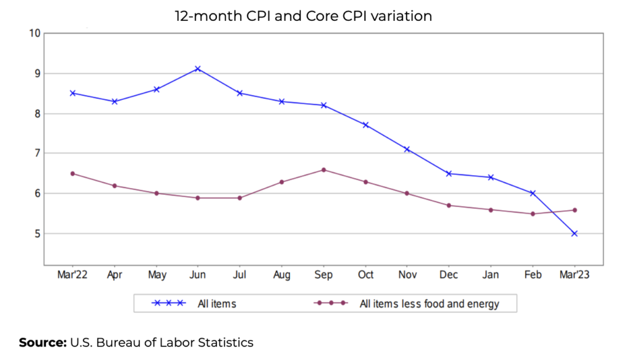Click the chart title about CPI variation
[303, 17]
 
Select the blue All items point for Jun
[198, 69]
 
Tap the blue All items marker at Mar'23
[574, 233]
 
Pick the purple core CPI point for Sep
[324, 170]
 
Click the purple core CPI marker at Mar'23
[574, 210]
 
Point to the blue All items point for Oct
[365, 125]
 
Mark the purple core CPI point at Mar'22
[72, 173]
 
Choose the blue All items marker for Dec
[449, 173]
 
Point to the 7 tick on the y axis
[37, 153]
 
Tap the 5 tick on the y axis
[37, 233]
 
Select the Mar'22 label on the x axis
[72, 275]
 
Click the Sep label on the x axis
[324, 275]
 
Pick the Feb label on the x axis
[533, 275]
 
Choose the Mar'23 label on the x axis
[574, 275]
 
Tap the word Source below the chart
[42, 342]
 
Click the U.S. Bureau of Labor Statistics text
[162, 342]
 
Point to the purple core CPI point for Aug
[282, 182]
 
